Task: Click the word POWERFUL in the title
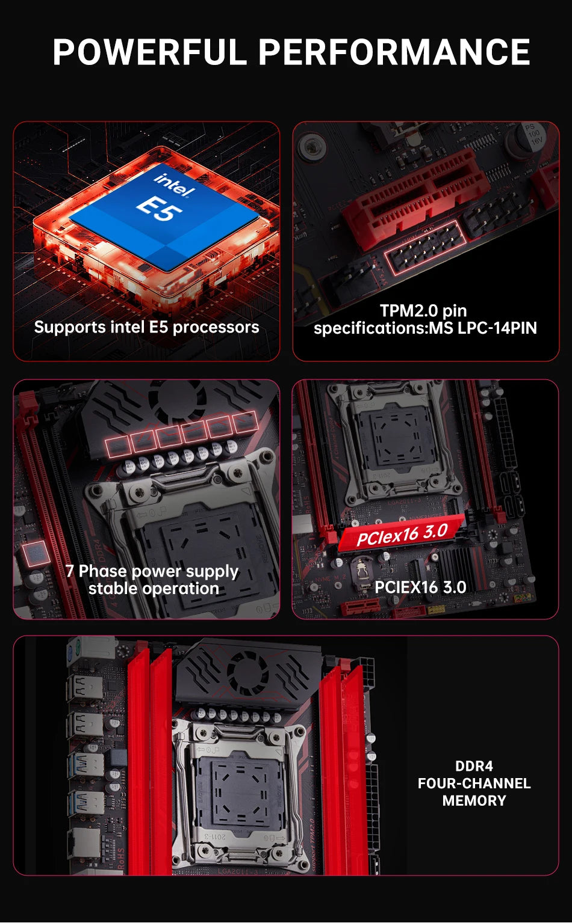click(x=150, y=52)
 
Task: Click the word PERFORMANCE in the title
click(x=394, y=52)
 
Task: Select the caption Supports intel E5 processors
click(x=146, y=327)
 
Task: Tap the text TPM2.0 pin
click(x=423, y=310)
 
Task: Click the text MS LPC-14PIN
click(x=482, y=328)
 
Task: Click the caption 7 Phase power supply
click(x=152, y=571)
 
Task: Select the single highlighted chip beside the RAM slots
click(x=36, y=554)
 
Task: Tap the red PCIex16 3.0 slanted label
click(x=402, y=533)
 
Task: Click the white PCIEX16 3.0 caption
click(x=420, y=587)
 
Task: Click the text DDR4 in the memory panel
click(x=474, y=766)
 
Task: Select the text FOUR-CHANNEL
click(x=474, y=783)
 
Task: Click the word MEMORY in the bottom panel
click(x=474, y=801)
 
